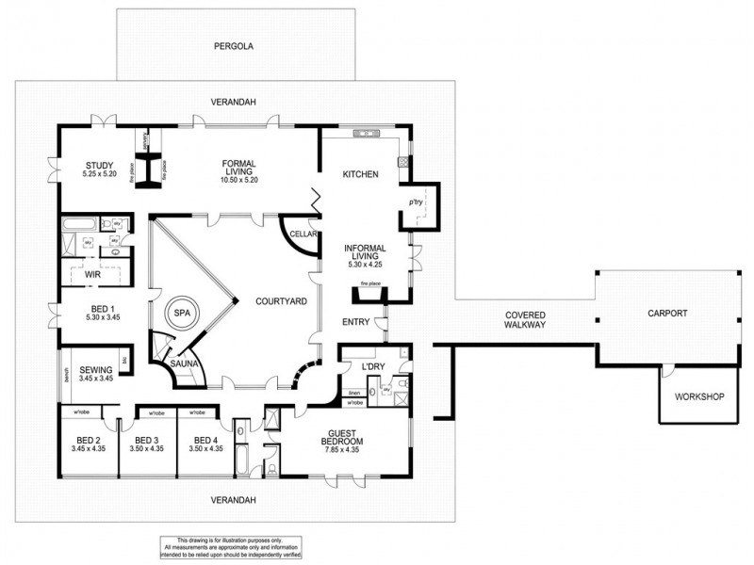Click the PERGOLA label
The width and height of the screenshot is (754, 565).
[x=234, y=44]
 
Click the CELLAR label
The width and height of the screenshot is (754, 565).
[x=301, y=234]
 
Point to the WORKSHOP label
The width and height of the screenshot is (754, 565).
[x=699, y=396]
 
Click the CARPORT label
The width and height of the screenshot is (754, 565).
[x=667, y=314]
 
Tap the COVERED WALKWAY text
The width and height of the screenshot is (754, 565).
[x=525, y=320]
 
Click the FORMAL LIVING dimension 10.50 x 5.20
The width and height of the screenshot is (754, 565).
[x=239, y=179]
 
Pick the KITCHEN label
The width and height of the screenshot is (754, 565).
[x=360, y=174]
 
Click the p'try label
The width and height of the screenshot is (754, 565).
[x=413, y=202]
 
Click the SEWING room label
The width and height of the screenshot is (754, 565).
[x=95, y=370]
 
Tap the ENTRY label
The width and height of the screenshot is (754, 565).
[x=355, y=322]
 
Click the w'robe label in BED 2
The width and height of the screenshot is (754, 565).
[x=74, y=412]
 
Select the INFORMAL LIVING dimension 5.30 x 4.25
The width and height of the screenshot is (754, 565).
[x=364, y=265]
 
